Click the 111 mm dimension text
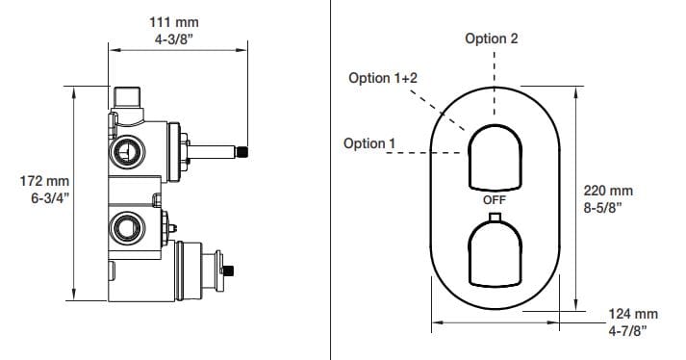(174, 22)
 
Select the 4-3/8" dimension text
(174, 39)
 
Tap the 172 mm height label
(44, 180)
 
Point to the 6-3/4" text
(50, 198)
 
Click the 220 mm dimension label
(608, 191)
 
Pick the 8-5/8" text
(603, 207)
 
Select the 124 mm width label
(633, 314)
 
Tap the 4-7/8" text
(628, 331)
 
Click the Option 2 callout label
(492, 39)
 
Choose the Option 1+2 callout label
(383, 78)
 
